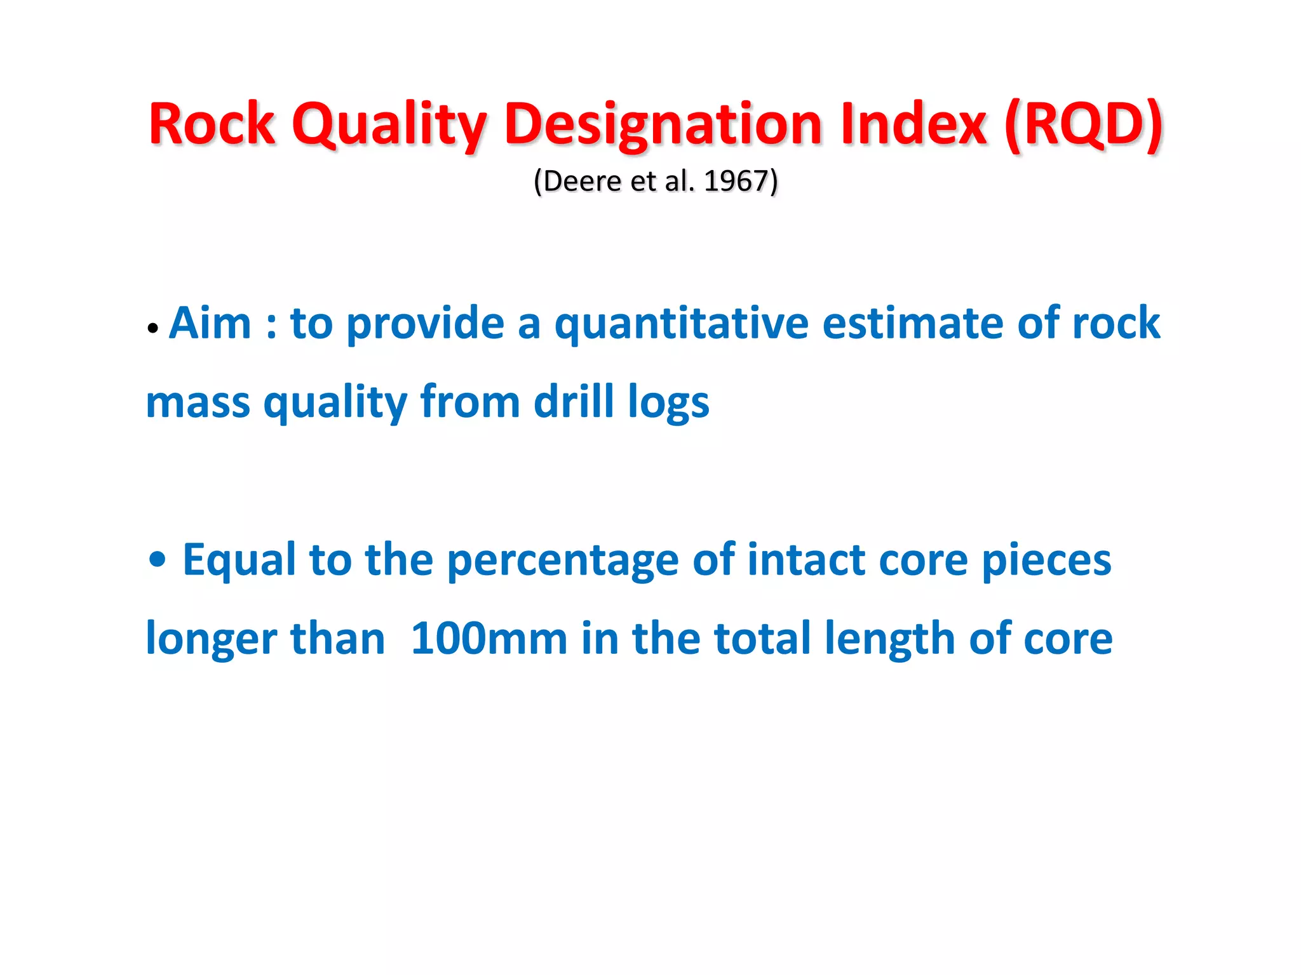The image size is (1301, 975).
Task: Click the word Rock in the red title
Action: pyautogui.click(x=212, y=124)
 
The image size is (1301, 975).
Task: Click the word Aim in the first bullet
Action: pyautogui.click(x=210, y=323)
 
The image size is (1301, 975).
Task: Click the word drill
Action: pyautogui.click(x=574, y=402)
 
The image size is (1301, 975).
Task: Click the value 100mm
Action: pyautogui.click(x=489, y=639)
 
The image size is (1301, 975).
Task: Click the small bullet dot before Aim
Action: pyautogui.click(x=152, y=329)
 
